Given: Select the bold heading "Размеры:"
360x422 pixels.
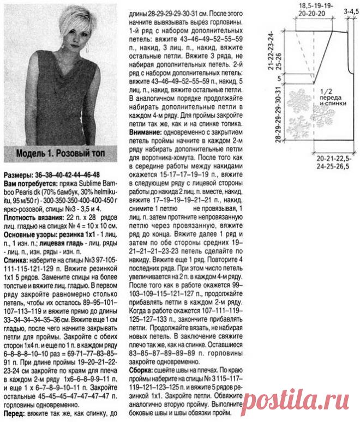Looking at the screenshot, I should [20, 174].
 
